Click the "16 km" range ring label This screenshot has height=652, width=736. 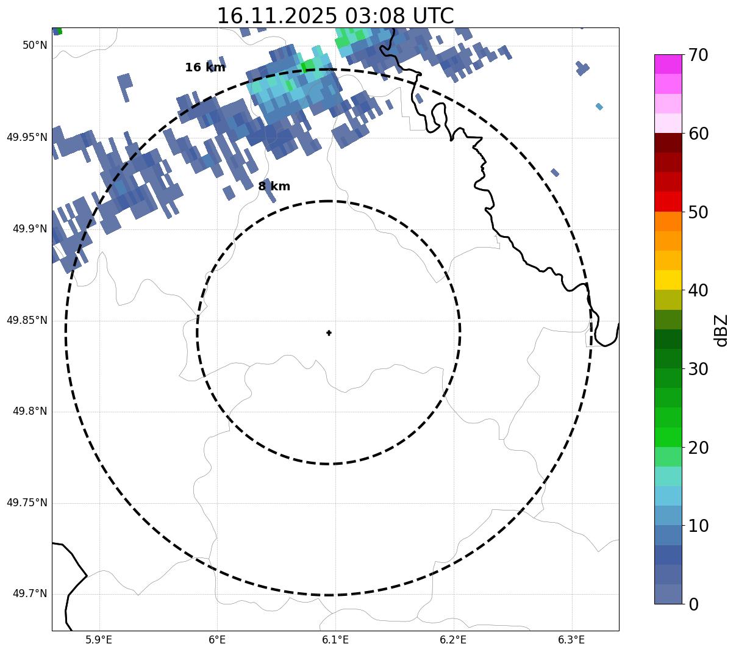205,68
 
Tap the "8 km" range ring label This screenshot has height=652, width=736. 274,187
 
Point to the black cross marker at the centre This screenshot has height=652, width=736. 329,333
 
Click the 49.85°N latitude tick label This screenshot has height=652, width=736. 27,320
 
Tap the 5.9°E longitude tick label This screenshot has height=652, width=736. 99,640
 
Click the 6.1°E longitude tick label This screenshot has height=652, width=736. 335,640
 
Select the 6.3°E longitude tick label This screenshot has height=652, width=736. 571,640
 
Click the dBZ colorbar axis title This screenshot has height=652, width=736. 722,331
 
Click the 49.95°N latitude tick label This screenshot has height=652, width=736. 27,137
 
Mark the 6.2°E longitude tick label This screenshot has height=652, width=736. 453,640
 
